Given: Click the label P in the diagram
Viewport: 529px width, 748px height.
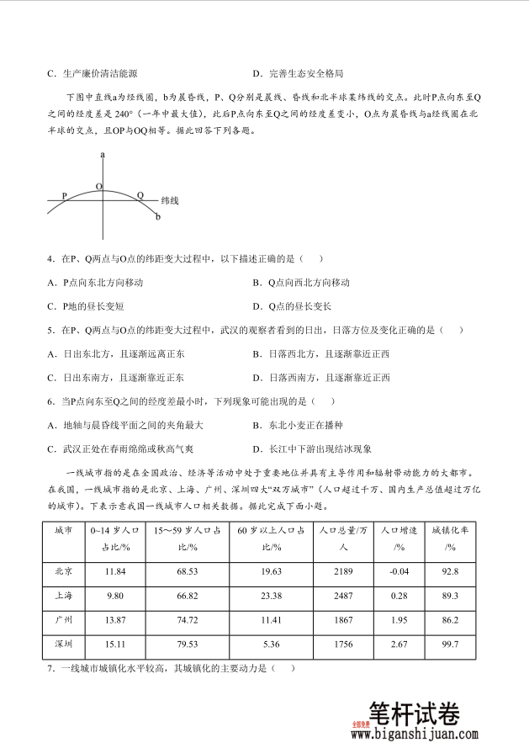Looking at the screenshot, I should click(64, 195).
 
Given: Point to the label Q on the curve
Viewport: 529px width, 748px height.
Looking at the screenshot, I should click(140, 195).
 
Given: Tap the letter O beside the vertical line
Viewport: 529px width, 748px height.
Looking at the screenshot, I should click(98, 186).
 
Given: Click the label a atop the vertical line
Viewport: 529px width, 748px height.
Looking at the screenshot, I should click(103, 155).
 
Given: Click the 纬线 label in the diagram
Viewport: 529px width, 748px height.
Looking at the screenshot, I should click(171, 201).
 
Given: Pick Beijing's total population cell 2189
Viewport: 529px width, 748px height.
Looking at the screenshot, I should click(337, 571).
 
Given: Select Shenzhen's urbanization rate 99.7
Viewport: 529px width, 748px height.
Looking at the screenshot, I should click(450, 645).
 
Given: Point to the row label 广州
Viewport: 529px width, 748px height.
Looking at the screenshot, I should click(63, 620).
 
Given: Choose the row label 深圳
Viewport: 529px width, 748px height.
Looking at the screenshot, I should click(63, 645).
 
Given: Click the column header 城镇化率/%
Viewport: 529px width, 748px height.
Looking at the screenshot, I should click(450, 538).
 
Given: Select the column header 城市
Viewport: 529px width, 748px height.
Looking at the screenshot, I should click(63, 531).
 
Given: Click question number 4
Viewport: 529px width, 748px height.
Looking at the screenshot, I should click(51, 258).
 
